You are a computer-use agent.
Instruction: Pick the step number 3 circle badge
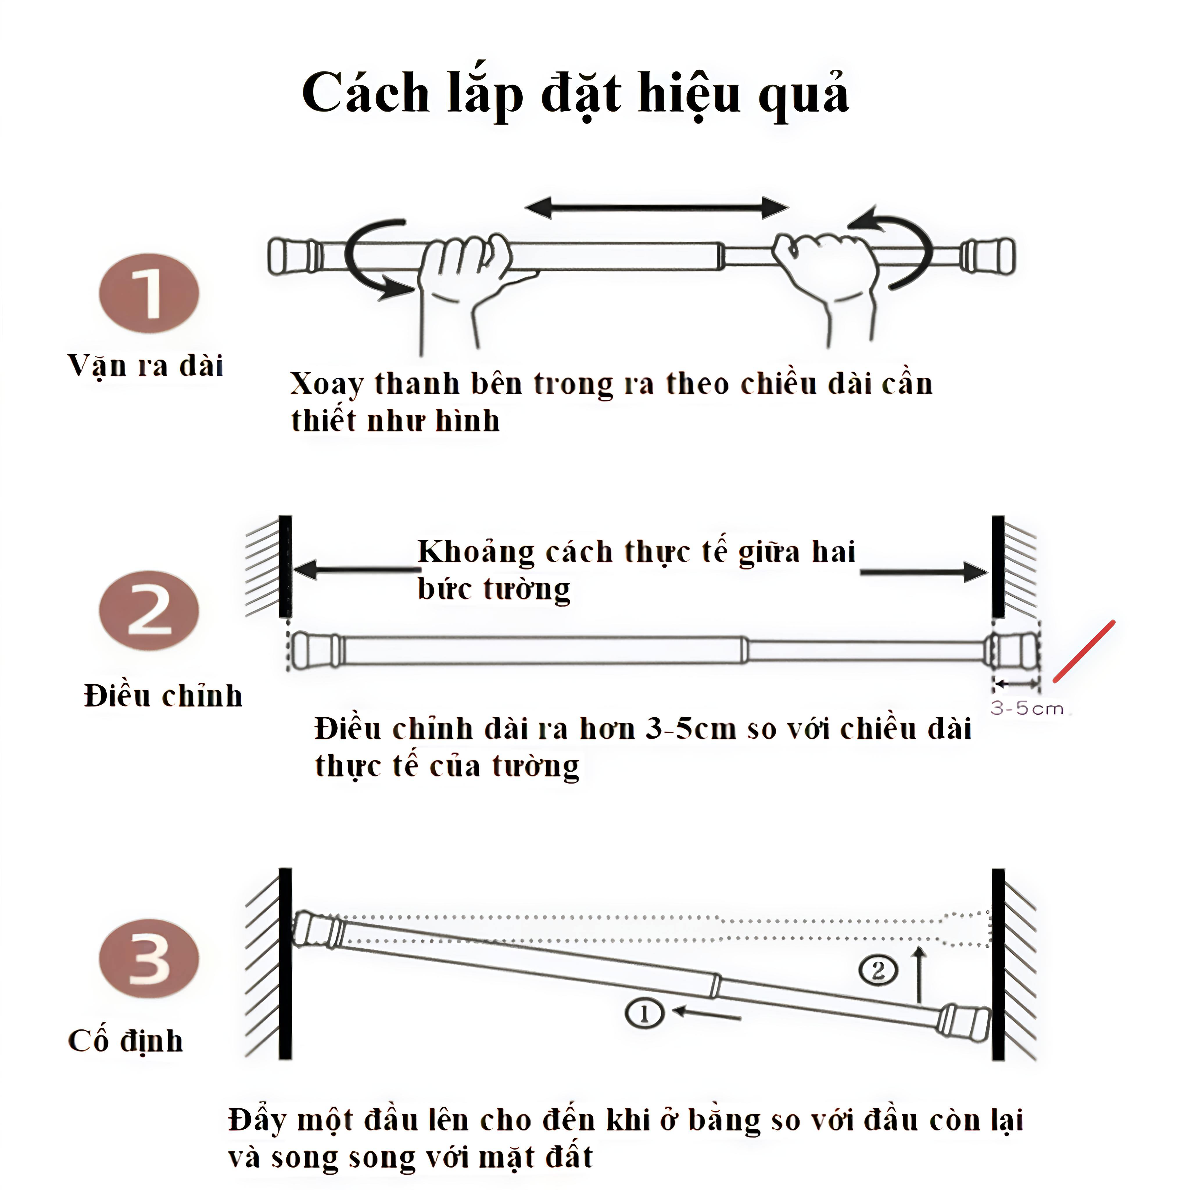coord(149,958)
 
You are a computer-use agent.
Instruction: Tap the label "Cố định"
coord(126,1041)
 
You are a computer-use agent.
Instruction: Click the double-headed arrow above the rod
coord(657,208)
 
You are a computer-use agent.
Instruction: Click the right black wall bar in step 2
coord(998,567)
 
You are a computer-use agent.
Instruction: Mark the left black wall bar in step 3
coord(284,964)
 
